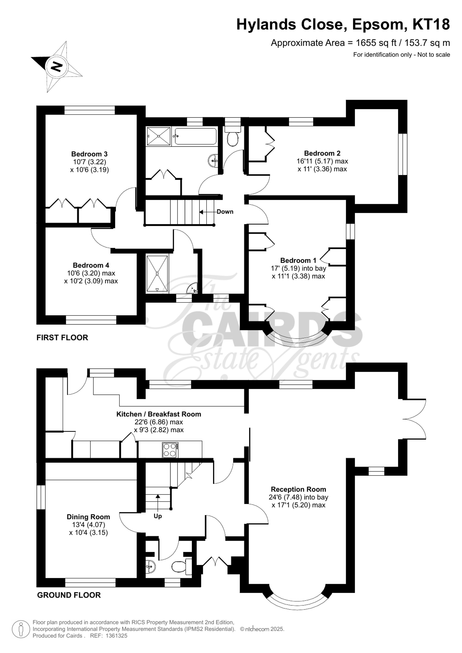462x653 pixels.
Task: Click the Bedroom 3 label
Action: (89, 154)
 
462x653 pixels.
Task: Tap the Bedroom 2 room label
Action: (322, 154)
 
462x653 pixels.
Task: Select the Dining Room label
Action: (88, 517)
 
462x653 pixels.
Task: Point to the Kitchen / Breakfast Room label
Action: (158, 414)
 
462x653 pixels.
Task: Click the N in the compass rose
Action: (56, 67)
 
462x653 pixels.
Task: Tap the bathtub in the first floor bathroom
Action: (195, 136)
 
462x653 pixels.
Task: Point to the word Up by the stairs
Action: (158, 516)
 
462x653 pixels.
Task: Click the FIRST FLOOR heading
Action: (62, 338)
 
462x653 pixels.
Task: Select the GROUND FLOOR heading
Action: (69, 595)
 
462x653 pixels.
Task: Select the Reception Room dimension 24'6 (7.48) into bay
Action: (298, 497)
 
